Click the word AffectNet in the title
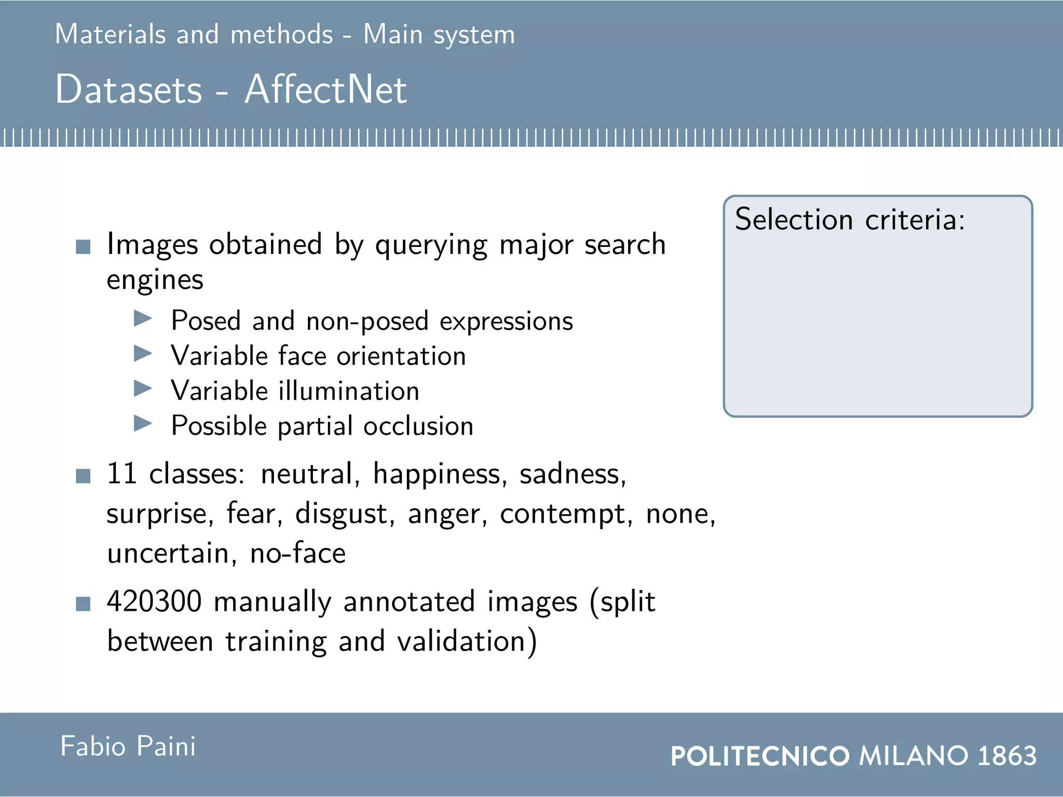click(325, 89)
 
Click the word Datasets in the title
click(128, 89)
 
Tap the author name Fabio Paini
click(128, 746)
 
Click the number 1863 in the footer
click(1007, 755)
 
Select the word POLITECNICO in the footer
click(760, 756)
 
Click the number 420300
click(154, 601)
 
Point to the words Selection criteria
click(850, 219)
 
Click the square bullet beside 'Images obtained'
click(83, 246)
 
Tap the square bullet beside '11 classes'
click(83, 476)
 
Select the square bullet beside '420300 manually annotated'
click(83, 604)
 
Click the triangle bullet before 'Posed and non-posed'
click(142, 318)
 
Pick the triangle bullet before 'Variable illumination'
click(142, 388)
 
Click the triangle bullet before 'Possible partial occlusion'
click(142, 423)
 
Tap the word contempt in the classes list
click(566, 515)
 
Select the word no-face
click(297, 553)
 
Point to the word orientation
click(401, 356)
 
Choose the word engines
click(155, 281)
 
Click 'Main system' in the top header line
click(439, 34)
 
